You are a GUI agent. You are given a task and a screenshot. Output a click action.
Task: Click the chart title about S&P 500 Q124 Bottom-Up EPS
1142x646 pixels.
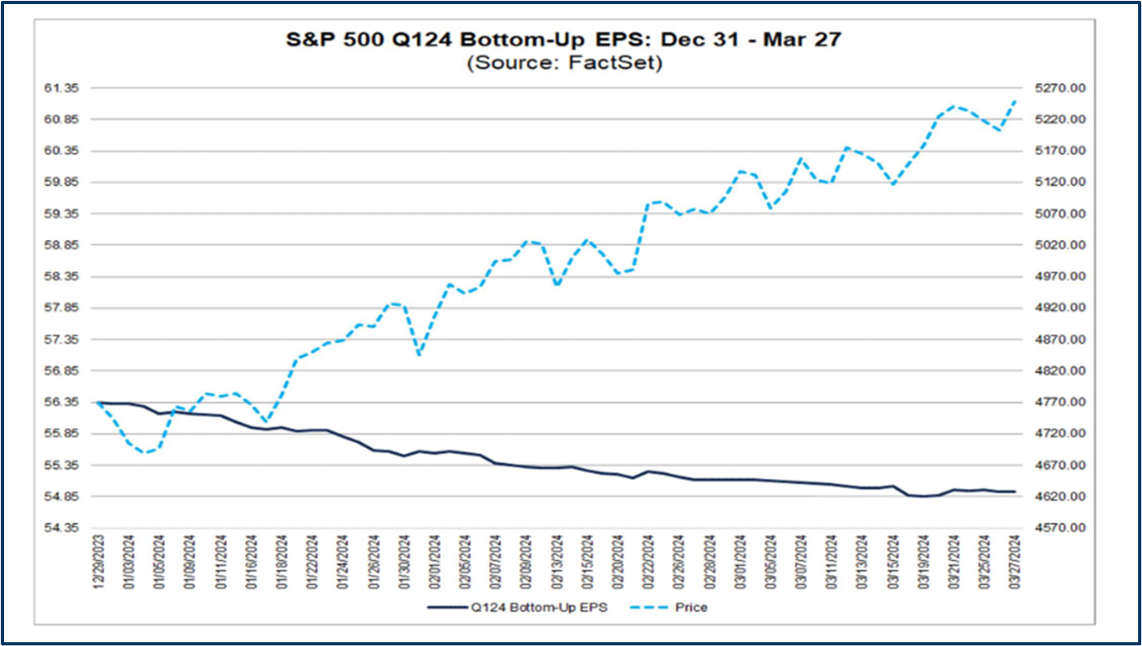tap(564, 40)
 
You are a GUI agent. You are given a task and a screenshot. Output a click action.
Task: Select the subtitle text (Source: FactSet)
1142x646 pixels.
tap(564, 63)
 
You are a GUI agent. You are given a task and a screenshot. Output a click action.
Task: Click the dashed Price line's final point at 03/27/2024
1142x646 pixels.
tap(1015, 100)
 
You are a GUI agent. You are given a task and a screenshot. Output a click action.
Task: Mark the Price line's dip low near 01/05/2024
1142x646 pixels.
tap(145, 452)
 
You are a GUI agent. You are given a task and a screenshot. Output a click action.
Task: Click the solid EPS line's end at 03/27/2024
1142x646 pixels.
tap(1015, 492)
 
